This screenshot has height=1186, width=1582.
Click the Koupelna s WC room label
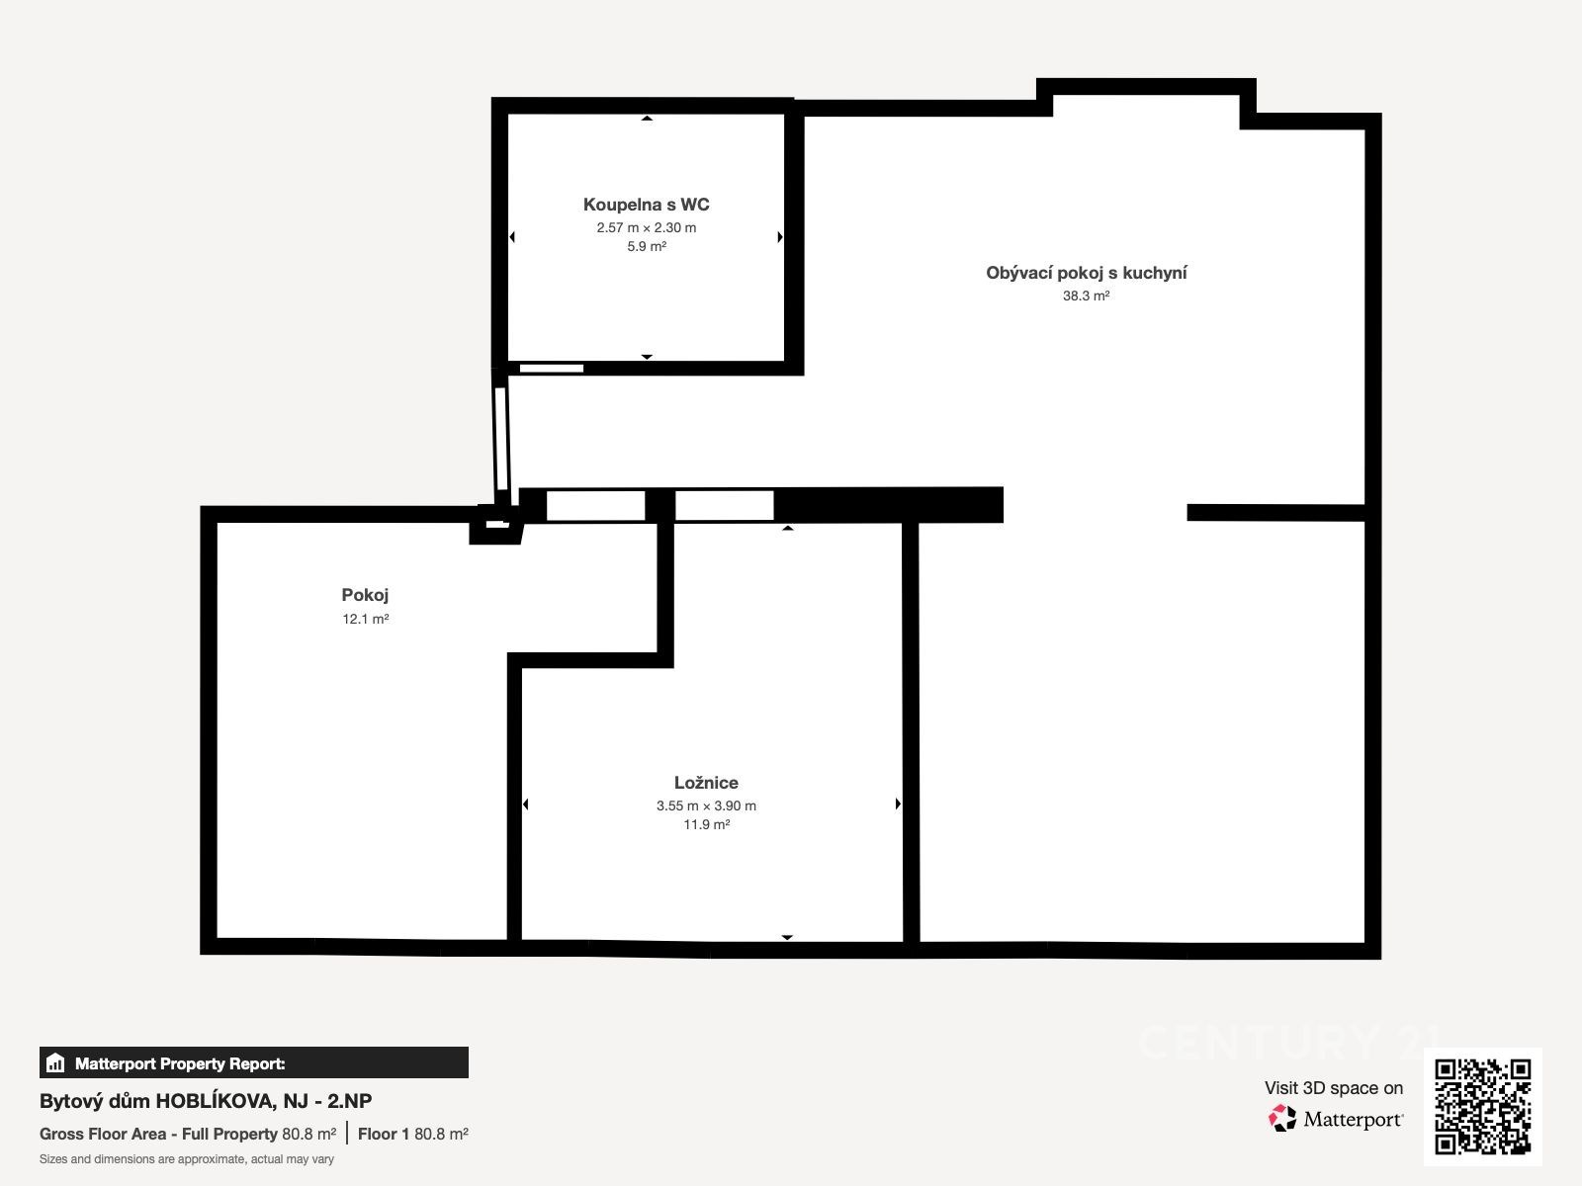[x=646, y=205]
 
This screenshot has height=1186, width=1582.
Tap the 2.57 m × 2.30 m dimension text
[x=646, y=227]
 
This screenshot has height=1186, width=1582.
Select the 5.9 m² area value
[x=646, y=246]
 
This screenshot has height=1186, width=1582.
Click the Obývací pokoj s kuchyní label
[x=1086, y=273]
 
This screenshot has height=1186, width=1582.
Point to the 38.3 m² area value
[x=1086, y=296]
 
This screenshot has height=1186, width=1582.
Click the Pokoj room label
[x=365, y=596]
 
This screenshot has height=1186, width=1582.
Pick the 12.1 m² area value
[x=365, y=619]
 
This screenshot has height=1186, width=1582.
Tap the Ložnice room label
[x=706, y=783]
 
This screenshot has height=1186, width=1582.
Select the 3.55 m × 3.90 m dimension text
[x=706, y=805]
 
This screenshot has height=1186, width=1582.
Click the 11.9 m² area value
[x=706, y=824]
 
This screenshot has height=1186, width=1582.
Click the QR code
[x=1482, y=1107]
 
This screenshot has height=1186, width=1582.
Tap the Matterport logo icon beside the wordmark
[x=1282, y=1119]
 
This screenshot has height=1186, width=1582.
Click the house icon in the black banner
[x=55, y=1062]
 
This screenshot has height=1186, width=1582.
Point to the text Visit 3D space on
[x=1334, y=1088]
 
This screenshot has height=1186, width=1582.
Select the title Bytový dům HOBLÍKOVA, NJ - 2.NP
[x=206, y=1101]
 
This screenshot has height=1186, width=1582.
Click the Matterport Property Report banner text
[x=180, y=1063]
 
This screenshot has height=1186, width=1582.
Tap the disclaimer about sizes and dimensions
[x=187, y=1159]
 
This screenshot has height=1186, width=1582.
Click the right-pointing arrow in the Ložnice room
[x=898, y=804]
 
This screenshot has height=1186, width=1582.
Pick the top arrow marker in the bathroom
[x=647, y=118]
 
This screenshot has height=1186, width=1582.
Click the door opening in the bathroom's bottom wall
[x=552, y=369]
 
